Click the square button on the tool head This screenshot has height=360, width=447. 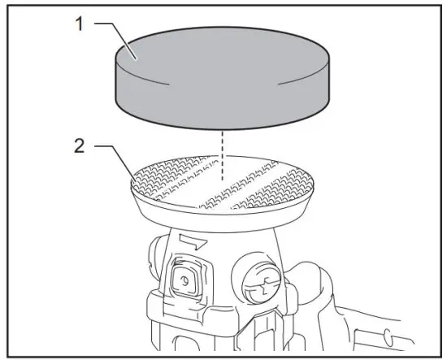[x=186, y=281]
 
